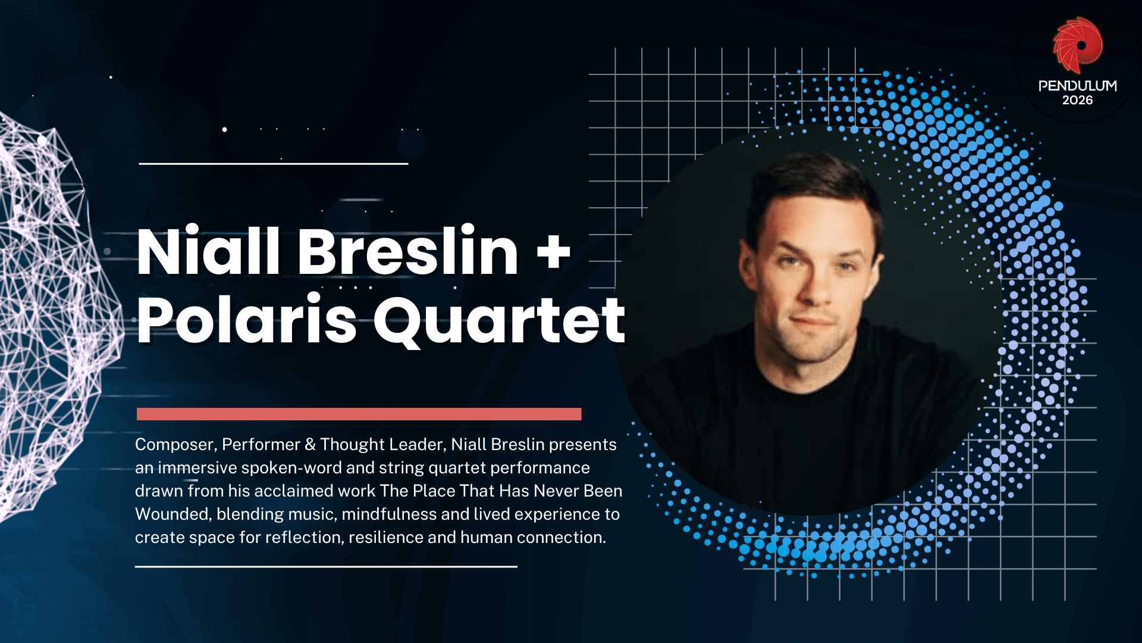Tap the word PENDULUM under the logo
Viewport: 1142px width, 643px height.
tap(1077, 86)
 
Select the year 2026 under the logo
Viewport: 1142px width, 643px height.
tap(1077, 101)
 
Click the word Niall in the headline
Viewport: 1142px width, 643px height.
tap(208, 251)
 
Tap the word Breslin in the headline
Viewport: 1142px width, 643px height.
tap(408, 251)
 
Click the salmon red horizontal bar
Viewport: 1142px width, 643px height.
tap(359, 414)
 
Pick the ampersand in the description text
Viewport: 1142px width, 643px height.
tap(310, 445)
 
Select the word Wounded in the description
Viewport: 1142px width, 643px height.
tap(172, 514)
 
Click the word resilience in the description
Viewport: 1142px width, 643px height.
tap(385, 538)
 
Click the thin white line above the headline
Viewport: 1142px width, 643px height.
tap(274, 163)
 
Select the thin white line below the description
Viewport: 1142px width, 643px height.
tap(326, 566)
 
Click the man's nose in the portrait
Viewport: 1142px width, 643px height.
tap(815, 286)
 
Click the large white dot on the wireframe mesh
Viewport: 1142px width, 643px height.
tap(42, 141)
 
